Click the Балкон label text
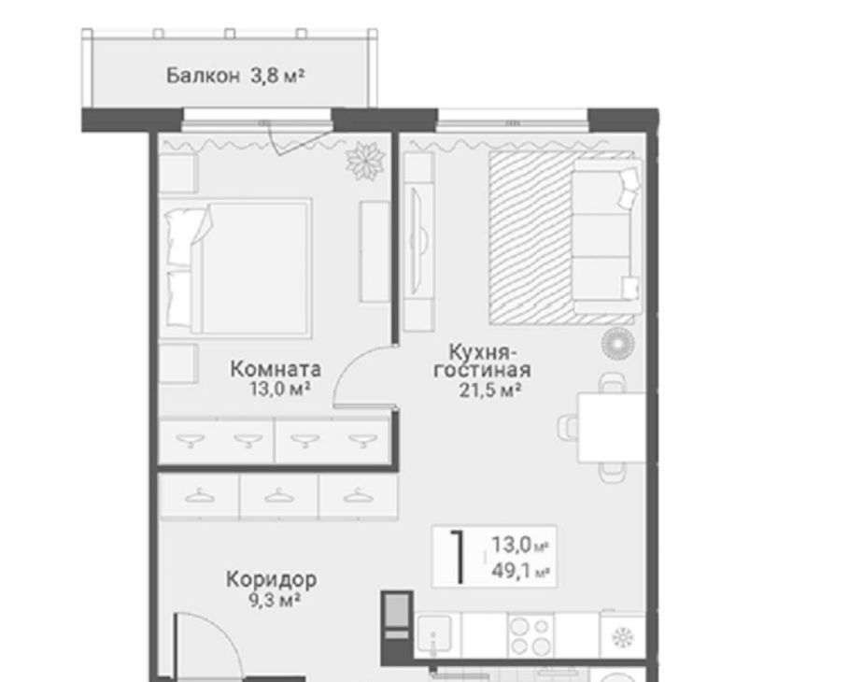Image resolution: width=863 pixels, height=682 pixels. (x=203, y=76)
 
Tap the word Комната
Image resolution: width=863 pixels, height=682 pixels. (x=276, y=369)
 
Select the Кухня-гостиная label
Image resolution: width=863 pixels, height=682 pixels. (x=482, y=361)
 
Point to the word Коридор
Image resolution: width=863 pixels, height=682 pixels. (x=272, y=579)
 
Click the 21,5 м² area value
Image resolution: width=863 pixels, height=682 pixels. (x=489, y=391)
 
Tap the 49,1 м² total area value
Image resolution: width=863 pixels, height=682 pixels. (x=520, y=571)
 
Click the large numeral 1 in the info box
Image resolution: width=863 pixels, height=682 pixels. (x=458, y=556)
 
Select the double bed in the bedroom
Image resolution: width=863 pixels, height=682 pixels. (x=238, y=267)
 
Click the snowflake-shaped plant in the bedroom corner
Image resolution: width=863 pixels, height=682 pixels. (x=364, y=160)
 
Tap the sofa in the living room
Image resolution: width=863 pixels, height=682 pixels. (x=606, y=236)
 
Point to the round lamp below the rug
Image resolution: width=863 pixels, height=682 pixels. (x=617, y=344)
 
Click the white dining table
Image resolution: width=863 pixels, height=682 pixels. (x=611, y=428)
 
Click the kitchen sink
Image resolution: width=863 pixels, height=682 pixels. (x=433, y=634)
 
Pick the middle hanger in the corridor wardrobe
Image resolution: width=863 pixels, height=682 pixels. (x=279, y=496)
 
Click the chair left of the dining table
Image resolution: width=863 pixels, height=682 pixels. (x=567, y=427)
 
